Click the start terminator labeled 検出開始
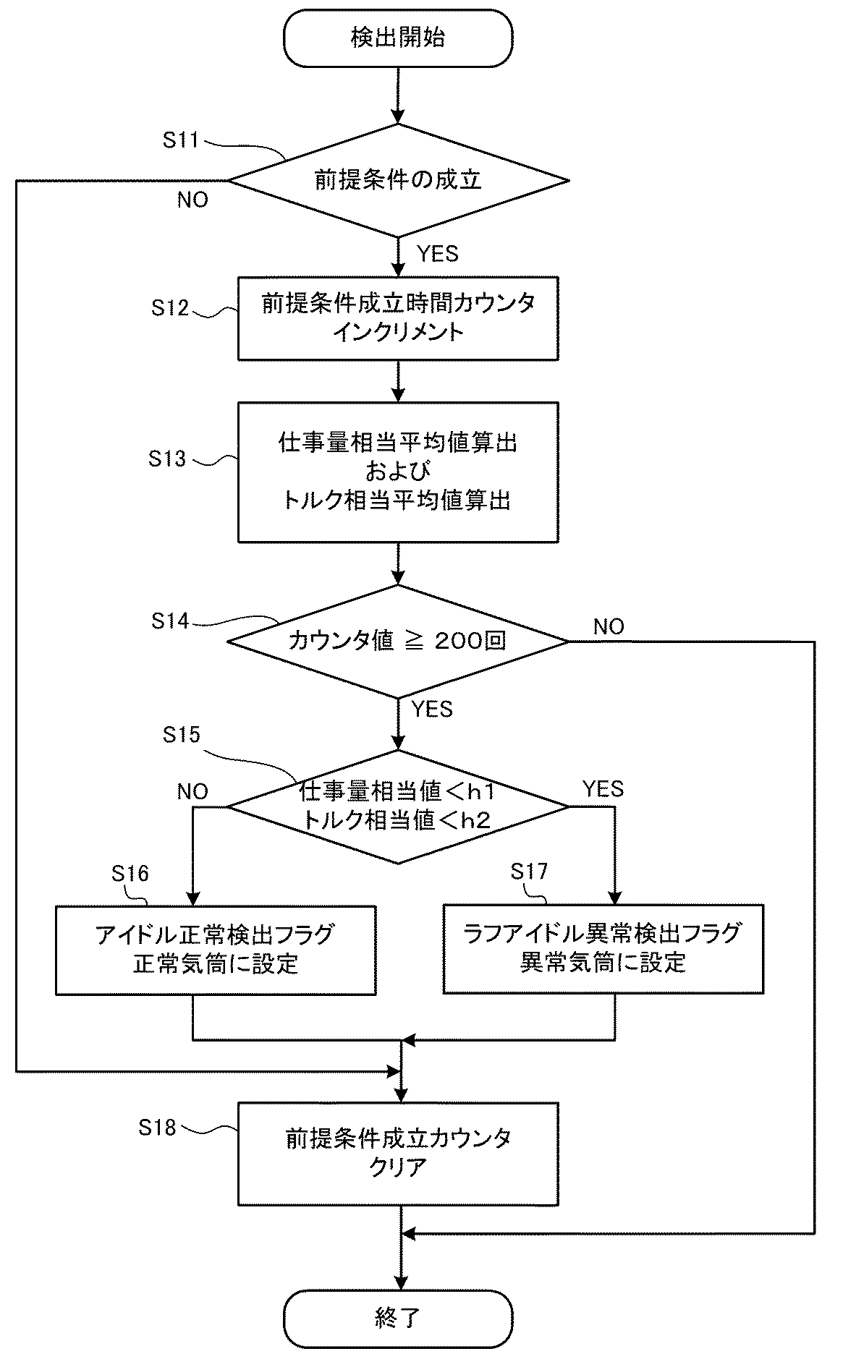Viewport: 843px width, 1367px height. (x=398, y=39)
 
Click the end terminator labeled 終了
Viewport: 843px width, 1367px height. (x=398, y=1318)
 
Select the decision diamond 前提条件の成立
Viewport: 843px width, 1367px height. (x=398, y=180)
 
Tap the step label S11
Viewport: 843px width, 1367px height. (x=180, y=140)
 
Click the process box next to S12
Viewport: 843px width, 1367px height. (x=398, y=318)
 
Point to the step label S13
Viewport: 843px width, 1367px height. (x=167, y=459)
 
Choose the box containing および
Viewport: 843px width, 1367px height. (x=398, y=472)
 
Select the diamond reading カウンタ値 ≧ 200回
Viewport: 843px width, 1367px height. (x=398, y=641)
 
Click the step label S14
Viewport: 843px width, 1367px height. (x=170, y=621)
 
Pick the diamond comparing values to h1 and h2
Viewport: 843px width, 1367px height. (x=398, y=806)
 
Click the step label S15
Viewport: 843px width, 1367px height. (x=181, y=735)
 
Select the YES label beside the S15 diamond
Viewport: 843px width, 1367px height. (x=603, y=788)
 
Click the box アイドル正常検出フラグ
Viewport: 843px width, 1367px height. (x=216, y=949)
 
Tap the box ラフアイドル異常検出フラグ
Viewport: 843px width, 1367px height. (x=603, y=947)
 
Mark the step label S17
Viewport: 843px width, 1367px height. (x=529, y=872)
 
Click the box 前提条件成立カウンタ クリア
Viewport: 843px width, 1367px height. (x=398, y=1153)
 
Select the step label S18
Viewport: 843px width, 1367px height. (x=157, y=1127)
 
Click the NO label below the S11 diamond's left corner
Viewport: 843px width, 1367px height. (x=192, y=200)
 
